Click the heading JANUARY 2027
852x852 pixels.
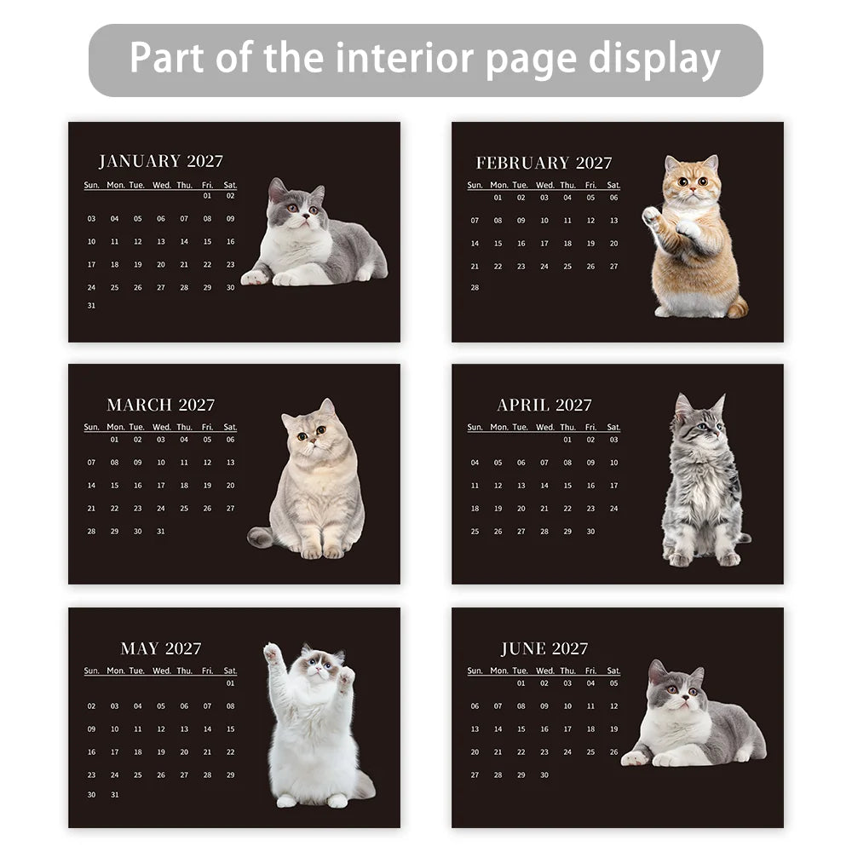(x=160, y=161)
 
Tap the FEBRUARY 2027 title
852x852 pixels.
(x=544, y=163)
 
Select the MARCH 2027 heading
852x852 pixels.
(x=160, y=405)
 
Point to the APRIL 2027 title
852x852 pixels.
(x=544, y=405)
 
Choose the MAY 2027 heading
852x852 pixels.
(x=160, y=648)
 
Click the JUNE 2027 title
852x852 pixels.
(x=544, y=648)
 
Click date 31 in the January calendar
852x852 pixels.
(x=91, y=306)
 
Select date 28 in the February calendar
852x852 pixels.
(x=475, y=288)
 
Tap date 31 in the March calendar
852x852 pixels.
(x=160, y=531)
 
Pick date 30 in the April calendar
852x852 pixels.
(x=590, y=531)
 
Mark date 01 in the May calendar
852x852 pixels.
(x=230, y=683)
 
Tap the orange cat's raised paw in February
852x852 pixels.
(x=652, y=216)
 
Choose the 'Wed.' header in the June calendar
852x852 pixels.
(x=544, y=671)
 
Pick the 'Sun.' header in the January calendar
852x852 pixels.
(x=91, y=185)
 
